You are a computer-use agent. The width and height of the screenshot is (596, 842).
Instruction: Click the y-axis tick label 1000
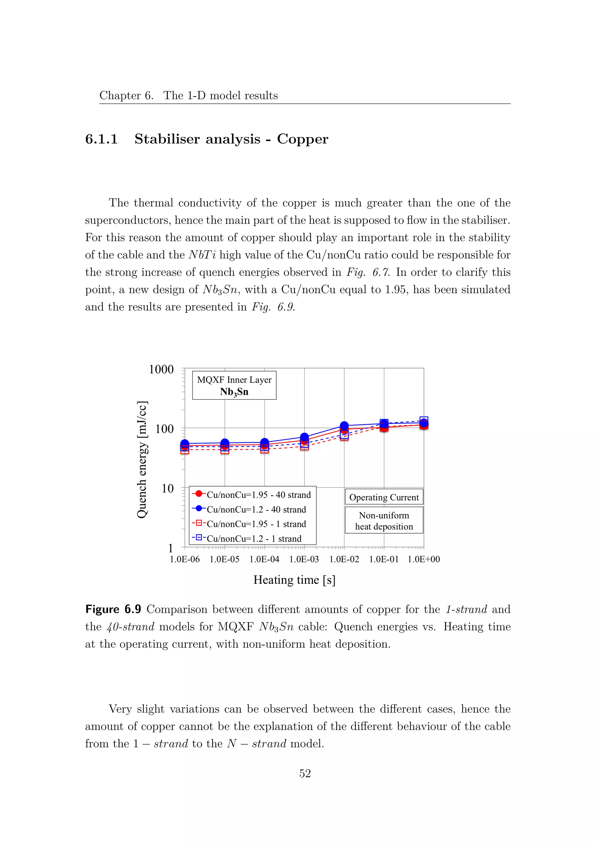161,369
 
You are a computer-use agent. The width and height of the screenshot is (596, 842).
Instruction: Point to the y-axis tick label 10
167,488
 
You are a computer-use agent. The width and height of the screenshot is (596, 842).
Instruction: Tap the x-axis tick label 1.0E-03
304,559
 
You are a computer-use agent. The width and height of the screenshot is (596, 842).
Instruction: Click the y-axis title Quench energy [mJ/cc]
142,459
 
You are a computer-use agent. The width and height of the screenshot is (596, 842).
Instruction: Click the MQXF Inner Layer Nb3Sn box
234,386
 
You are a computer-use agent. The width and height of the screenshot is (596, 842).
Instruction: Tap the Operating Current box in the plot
384,497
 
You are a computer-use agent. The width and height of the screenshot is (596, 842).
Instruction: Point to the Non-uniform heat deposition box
384,521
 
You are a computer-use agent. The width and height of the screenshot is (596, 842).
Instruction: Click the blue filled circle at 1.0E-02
344,425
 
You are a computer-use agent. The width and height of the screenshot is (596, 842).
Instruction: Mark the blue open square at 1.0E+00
424,421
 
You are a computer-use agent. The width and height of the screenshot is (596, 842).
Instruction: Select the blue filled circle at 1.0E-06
185,444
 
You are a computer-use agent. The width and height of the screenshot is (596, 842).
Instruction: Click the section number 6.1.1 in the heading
101,139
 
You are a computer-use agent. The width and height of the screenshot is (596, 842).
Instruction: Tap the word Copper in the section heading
302,139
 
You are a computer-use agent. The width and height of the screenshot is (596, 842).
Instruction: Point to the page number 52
305,773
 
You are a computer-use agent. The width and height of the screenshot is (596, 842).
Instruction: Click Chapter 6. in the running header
126,95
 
